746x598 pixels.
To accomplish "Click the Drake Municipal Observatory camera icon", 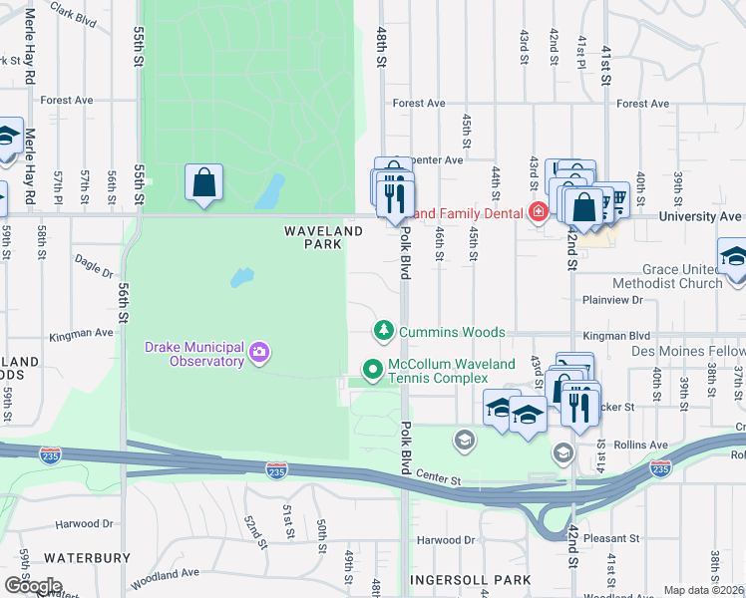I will pos(259,351).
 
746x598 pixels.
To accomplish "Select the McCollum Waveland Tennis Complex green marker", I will pos(373,370).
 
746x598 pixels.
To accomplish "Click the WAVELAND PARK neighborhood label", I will pos(323,237).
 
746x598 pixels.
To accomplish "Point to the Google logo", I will pos(33,585).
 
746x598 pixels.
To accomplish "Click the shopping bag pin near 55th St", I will pos(203,183).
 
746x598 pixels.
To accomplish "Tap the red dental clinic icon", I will pos(539,211).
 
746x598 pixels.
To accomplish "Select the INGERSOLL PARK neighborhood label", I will pos(470,579).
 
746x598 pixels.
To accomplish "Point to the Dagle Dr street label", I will pos(95,266).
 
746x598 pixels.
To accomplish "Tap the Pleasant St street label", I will pos(610,538).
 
